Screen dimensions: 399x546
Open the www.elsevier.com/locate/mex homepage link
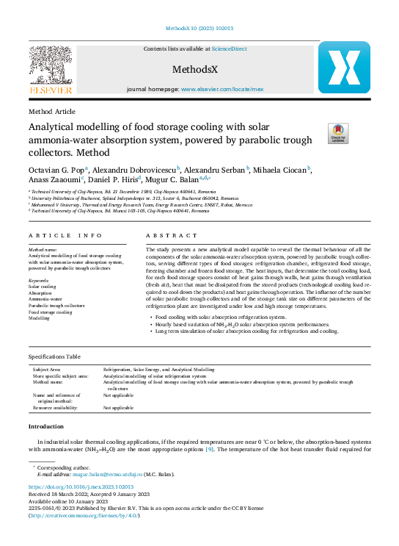pyautogui.click(x=222, y=88)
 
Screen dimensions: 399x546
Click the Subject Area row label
pyautogui.click(x=48, y=369)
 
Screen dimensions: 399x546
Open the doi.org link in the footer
pyautogui.click(x=81, y=487)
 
